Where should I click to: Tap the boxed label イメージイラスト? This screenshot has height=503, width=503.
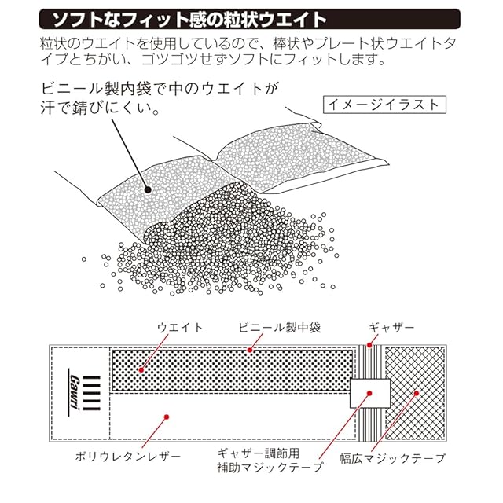[x=385, y=103]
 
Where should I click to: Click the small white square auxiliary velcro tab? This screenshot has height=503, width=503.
[x=369, y=390]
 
